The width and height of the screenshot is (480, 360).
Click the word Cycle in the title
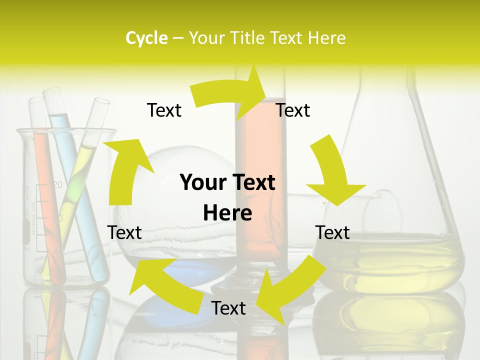146,38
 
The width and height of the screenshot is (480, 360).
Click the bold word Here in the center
227,213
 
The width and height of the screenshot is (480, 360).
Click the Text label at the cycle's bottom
228,308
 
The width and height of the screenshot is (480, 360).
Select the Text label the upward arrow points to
164,110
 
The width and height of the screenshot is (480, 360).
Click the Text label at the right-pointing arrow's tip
293,110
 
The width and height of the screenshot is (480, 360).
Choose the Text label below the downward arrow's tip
332,232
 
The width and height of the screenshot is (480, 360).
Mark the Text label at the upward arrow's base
124,232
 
